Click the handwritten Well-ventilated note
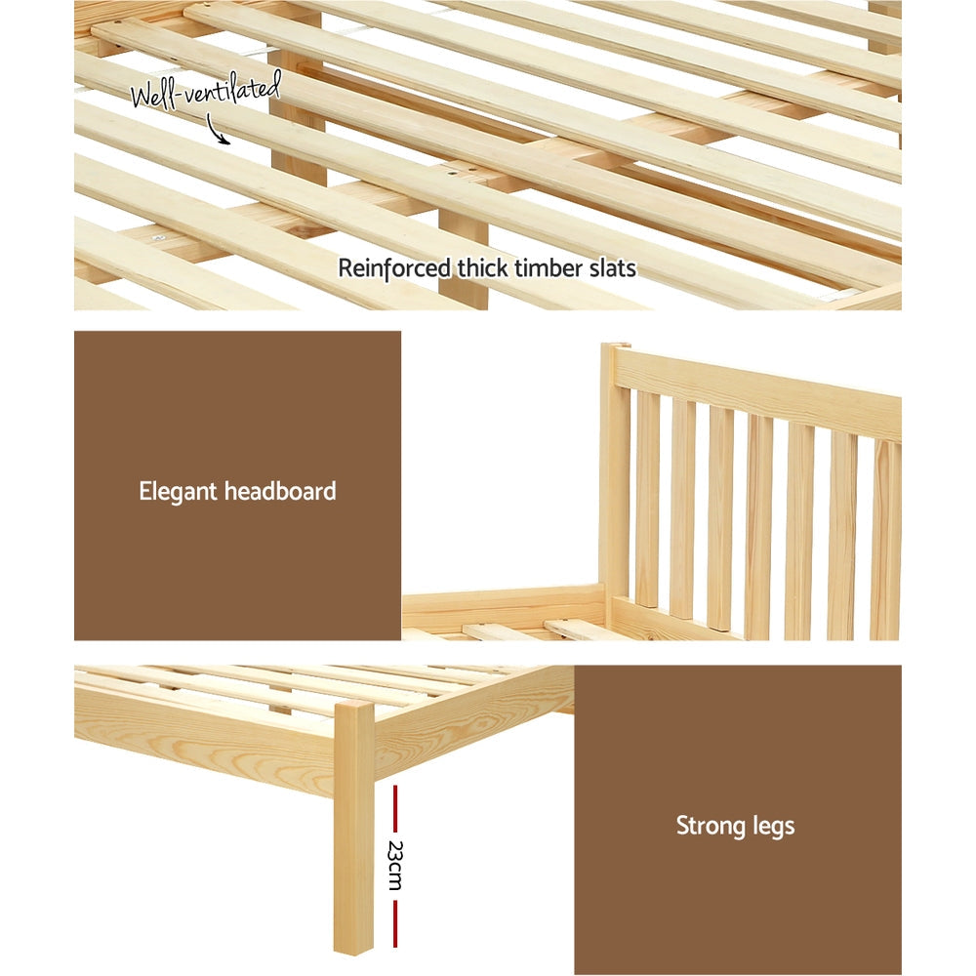(206, 92)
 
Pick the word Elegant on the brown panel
(178, 490)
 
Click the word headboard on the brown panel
(280, 490)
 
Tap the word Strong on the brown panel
(711, 826)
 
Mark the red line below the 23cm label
(394, 922)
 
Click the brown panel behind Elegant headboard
(237, 410)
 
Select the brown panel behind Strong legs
(737, 742)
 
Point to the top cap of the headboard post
(615, 348)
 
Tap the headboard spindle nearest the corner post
(647, 498)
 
